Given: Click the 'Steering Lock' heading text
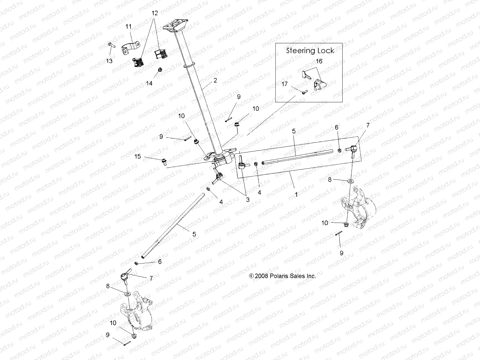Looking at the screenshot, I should pyautogui.click(x=310, y=50).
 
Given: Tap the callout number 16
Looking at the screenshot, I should pyautogui.click(x=319, y=61).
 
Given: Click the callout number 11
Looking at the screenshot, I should pyautogui.click(x=128, y=27).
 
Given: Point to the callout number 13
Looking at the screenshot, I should pyautogui.click(x=109, y=61).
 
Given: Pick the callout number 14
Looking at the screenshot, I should pyautogui.click(x=149, y=83).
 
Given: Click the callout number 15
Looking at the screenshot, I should pyautogui.click(x=137, y=156).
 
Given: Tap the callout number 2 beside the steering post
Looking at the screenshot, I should pyautogui.click(x=215, y=80).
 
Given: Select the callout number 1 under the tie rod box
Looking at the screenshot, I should pyautogui.click(x=296, y=194).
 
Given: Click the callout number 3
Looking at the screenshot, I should pyautogui.click(x=247, y=199).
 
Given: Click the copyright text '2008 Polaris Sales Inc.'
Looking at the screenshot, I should pyautogui.click(x=282, y=276).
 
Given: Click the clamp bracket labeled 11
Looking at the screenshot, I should pyautogui.click(x=131, y=48).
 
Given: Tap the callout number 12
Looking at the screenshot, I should pyautogui.click(x=154, y=13).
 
